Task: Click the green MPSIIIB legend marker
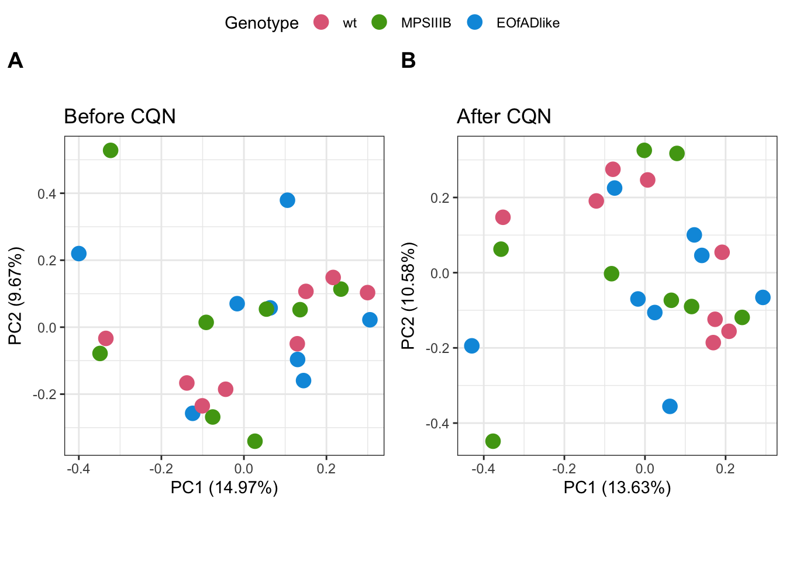click(x=380, y=23)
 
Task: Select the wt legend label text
click(x=350, y=23)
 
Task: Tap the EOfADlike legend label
click(x=528, y=23)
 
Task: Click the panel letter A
click(x=15, y=60)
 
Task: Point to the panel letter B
click(x=408, y=60)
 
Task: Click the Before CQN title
click(x=120, y=116)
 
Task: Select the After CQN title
click(x=504, y=116)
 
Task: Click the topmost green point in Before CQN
click(x=111, y=150)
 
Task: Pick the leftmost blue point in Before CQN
click(x=79, y=254)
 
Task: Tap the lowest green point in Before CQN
click(x=254, y=441)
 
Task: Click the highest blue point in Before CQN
click(x=287, y=200)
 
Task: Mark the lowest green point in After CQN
click(x=493, y=441)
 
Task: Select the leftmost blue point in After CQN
click(x=472, y=346)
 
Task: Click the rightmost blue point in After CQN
click(x=763, y=297)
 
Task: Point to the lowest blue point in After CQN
click(x=670, y=406)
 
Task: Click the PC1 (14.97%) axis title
click(x=224, y=487)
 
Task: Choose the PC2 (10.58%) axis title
click(x=408, y=296)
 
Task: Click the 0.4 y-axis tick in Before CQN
click(x=47, y=194)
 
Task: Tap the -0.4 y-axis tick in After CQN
click(x=437, y=423)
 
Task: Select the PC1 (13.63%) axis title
click(x=617, y=487)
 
